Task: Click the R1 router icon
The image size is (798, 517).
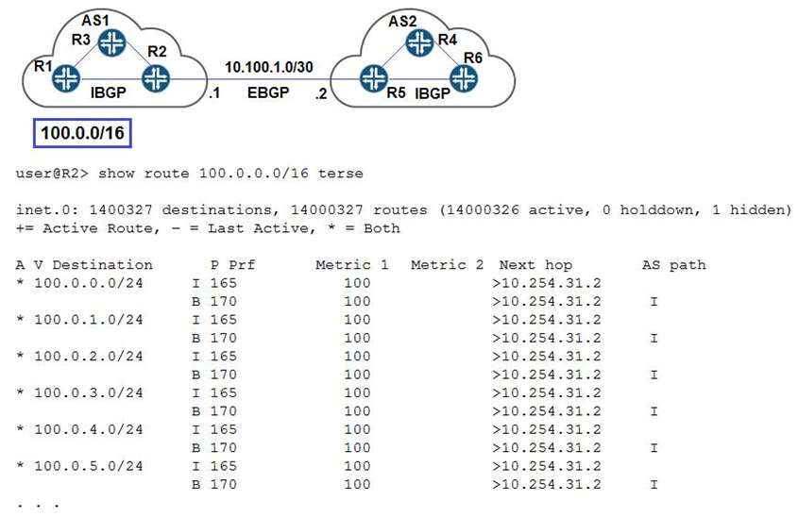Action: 66,78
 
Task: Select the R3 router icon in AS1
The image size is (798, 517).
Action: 112,42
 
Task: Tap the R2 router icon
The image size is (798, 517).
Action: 156,78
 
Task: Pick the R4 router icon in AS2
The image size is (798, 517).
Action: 420,42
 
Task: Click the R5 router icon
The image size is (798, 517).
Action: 374,78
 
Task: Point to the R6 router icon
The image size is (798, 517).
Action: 464,78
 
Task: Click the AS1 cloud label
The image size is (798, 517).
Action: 95,21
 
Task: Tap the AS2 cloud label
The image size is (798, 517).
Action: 402,22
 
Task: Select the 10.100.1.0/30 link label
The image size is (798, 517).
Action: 269,67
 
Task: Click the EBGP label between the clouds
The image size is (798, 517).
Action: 268,93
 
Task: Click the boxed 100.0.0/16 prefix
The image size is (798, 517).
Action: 82,133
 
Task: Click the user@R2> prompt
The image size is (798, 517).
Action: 52,174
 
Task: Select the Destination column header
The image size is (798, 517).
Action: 102,265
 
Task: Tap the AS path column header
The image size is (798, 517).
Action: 674,265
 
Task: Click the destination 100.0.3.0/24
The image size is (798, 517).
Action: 88,393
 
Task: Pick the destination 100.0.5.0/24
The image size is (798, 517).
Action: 88,466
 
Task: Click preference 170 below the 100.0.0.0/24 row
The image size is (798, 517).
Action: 224,302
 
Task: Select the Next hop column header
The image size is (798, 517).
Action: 535,265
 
